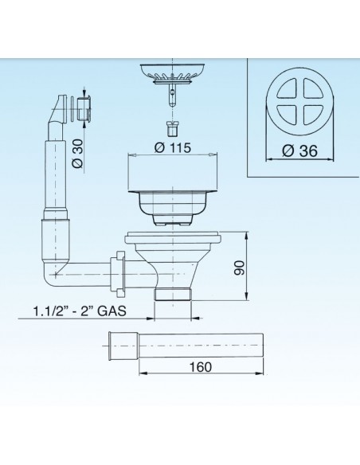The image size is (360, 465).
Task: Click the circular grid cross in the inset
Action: (297, 104)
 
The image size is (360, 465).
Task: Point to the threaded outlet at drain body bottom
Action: (176, 295)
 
